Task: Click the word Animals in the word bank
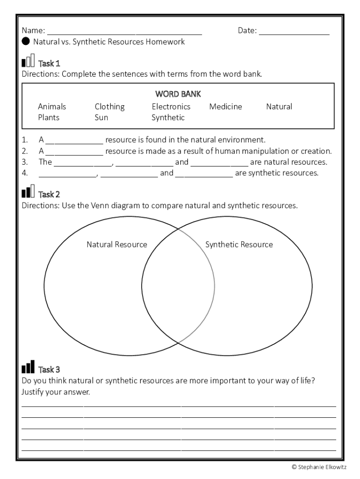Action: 52,107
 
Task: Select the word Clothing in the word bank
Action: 109,107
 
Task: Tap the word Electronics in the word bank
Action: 171,107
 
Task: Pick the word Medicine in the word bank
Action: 225,107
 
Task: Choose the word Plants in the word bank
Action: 49,117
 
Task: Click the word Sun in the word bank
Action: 101,117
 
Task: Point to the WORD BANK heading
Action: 178,94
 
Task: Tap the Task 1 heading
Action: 49,63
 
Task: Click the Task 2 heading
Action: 49,194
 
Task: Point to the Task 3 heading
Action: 49,370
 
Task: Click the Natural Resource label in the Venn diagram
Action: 117,245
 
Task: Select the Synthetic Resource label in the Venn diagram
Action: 239,245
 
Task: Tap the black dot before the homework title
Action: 26,42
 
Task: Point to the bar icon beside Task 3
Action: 28,367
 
